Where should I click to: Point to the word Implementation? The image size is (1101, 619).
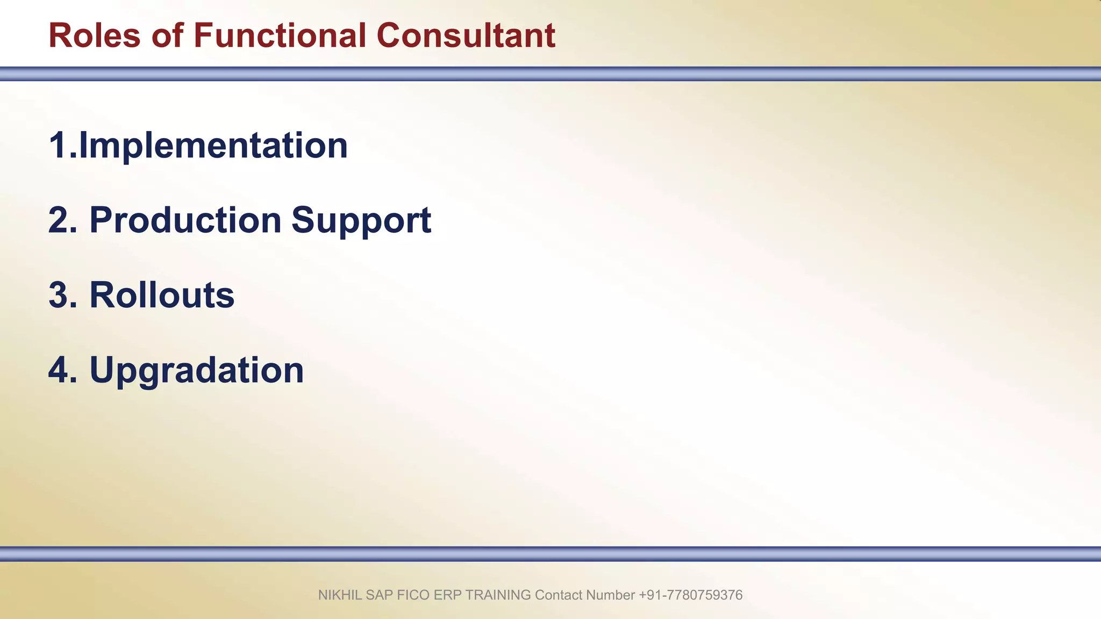[x=213, y=146]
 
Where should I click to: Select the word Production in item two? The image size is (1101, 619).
[x=185, y=220]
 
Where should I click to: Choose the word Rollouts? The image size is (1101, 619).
[x=162, y=296]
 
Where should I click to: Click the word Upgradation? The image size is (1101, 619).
[x=197, y=371]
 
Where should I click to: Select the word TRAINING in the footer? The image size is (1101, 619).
[x=498, y=595]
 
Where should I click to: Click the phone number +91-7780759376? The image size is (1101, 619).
[x=690, y=595]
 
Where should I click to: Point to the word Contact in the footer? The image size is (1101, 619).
[x=559, y=595]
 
